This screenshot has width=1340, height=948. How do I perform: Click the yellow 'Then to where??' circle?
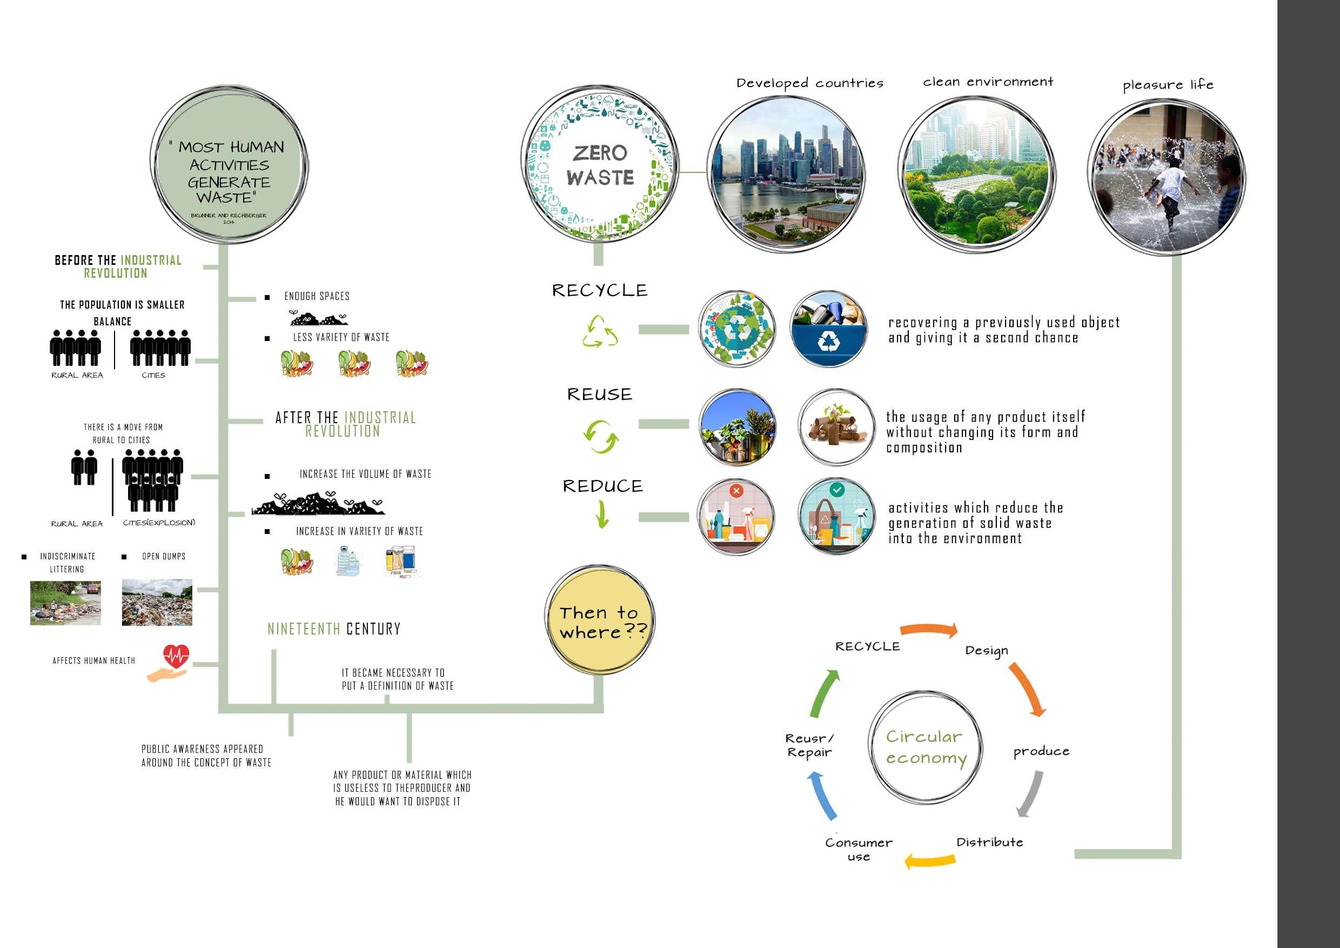point(600,621)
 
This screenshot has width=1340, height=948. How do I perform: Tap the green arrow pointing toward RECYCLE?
point(825,693)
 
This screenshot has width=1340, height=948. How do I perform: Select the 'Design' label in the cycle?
point(986,651)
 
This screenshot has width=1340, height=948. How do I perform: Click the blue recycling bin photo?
point(829,329)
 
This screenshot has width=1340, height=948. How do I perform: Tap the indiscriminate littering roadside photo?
point(65,603)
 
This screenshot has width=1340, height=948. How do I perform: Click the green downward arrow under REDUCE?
point(602,515)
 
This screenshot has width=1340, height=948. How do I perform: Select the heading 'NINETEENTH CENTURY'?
point(334,629)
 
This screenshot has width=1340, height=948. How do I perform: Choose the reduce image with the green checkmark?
point(837,517)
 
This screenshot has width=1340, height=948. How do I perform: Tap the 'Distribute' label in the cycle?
point(989,842)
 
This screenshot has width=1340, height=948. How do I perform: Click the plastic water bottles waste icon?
point(349,561)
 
